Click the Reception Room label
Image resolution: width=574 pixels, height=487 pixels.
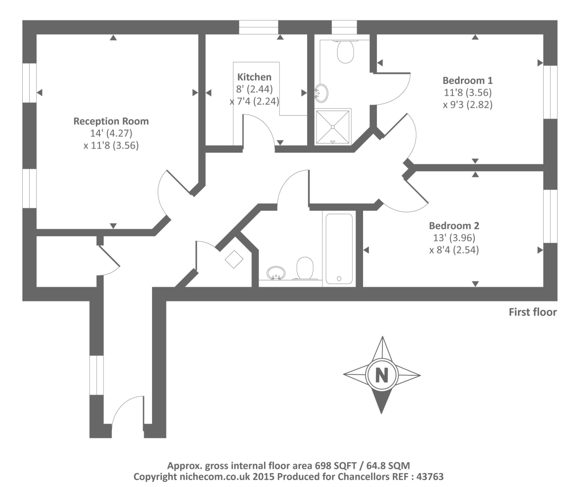pos(111,121)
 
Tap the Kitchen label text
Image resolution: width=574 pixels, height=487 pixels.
pos(254,77)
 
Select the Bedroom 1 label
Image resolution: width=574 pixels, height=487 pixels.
pos(468,81)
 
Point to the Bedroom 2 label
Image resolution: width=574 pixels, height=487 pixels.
pos(454,226)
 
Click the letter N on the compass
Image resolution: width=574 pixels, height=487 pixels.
pos(382,375)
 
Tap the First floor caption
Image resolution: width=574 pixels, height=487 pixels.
pos(533,312)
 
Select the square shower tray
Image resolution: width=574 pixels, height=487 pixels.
pos(333,127)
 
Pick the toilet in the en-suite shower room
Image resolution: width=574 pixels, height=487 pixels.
pos(346,52)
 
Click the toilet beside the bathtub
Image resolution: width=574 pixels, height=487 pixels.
pos(305,268)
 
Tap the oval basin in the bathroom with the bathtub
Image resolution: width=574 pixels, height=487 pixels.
pos(276,273)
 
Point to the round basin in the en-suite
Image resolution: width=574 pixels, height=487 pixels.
pos(322,93)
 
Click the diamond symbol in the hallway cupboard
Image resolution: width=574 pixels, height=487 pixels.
pos(234,259)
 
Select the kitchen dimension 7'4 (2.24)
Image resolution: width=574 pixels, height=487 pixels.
pos(254,101)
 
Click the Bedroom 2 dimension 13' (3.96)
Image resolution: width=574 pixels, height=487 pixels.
pos(454,238)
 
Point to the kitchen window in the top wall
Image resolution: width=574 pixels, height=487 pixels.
pos(259,27)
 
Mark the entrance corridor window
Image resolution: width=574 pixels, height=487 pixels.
pos(97,375)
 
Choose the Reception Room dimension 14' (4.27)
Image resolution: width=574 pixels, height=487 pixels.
pos(111,134)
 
